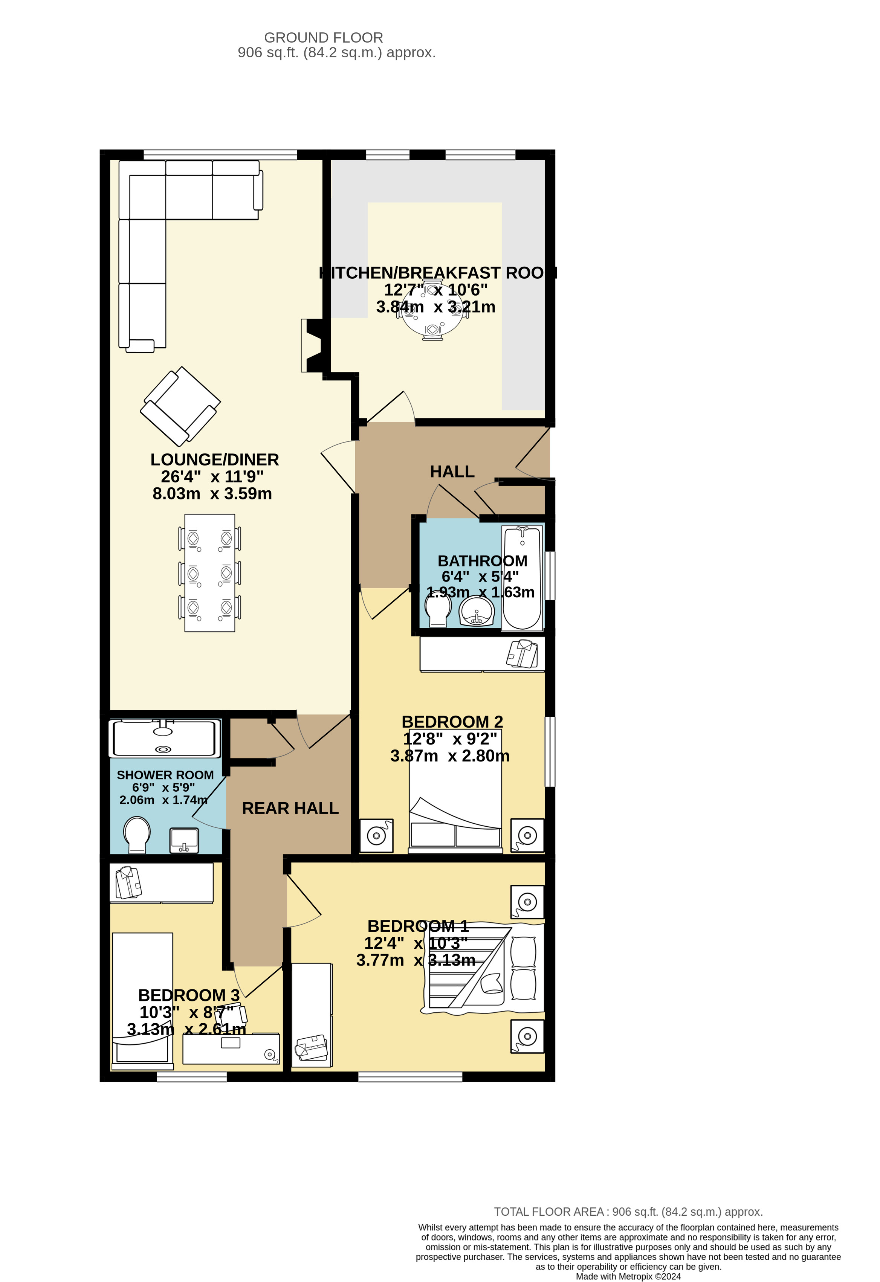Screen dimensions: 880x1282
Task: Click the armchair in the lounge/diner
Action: tap(180, 406)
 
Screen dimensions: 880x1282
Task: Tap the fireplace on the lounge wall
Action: tap(312, 345)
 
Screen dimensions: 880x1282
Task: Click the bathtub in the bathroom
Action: tap(522, 578)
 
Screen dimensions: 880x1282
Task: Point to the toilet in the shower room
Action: tap(137, 834)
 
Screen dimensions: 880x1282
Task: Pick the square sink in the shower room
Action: tap(184, 840)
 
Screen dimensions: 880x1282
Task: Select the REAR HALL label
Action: tap(290, 808)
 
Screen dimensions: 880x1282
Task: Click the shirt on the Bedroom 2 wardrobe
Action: tap(522, 654)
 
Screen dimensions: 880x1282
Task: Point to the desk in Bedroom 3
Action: tap(231, 1048)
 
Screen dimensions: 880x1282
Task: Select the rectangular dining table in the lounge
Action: tap(210, 573)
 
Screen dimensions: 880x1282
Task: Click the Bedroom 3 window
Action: tap(191, 1076)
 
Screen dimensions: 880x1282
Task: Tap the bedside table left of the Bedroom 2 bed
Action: tap(376, 836)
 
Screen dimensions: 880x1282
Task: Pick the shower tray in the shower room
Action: tap(164, 738)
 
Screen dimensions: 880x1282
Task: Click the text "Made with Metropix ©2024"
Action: tap(628, 1276)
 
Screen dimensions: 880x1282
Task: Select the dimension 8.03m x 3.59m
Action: tap(212, 494)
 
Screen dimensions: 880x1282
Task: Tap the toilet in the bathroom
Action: tap(438, 612)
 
